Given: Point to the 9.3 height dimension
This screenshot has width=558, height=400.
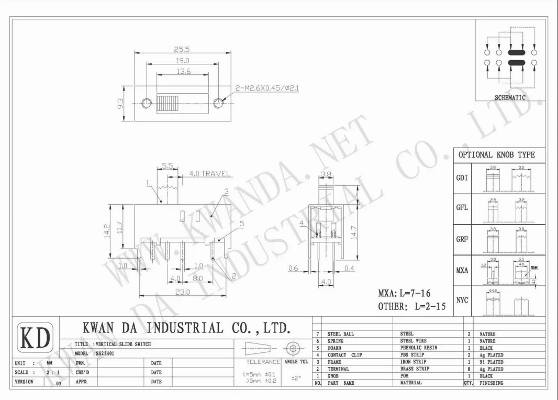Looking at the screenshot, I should [120, 104].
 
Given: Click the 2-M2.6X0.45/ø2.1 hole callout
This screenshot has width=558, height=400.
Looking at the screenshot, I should [267, 88].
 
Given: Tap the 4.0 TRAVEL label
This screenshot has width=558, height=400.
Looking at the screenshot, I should [209, 173].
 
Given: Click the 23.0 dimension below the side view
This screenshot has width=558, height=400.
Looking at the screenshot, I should [182, 292].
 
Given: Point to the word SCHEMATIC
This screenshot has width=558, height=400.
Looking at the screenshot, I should [510, 98].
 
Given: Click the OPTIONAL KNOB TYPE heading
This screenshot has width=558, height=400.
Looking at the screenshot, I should [497, 155].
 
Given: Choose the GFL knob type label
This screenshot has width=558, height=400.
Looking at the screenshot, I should [462, 207].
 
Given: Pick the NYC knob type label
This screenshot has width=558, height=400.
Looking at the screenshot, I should [462, 300].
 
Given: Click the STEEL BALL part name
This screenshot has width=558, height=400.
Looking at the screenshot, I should [341, 334].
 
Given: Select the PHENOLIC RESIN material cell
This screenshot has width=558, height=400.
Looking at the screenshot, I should [418, 348].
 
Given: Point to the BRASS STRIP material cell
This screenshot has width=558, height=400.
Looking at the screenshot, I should [415, 369].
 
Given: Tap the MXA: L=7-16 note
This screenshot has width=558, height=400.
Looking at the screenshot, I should [405, 293].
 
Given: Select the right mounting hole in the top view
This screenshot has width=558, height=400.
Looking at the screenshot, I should [218, 103].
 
